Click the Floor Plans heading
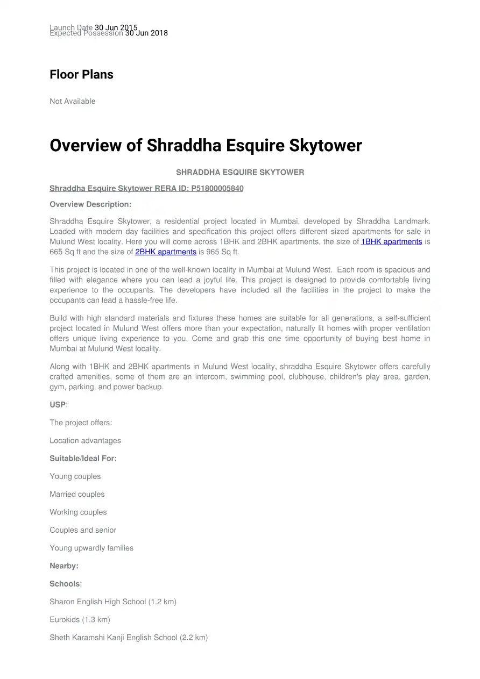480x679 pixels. (x=81, y=75)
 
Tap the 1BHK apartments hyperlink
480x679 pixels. (x=391, y=242)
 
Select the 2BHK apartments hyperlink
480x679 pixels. (x=166, y=252)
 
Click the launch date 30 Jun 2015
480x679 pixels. (x=116, y=27)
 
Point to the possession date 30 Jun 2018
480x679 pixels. (x=146, y=33)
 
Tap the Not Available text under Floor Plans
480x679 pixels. (x=72, y=101)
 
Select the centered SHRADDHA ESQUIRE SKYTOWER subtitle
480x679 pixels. (x=240, y=173)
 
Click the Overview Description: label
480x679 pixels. (x=90, y=204)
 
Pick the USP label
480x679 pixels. (x=58, y=405)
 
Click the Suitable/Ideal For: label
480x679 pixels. (x=83, y=459)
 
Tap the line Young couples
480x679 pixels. (x=75, y=476)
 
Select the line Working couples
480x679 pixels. (x=78, y=512)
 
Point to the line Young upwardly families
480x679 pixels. (x=91, y=548)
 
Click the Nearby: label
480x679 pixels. (x=64, y=566)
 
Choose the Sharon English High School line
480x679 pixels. (x=113, y=602)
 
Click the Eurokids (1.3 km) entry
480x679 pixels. (x=80, y=620)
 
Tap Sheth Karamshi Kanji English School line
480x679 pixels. (x=129, y=638)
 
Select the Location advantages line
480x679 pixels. (x=85, y=441)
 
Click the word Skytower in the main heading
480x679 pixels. (x=326, y=146)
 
